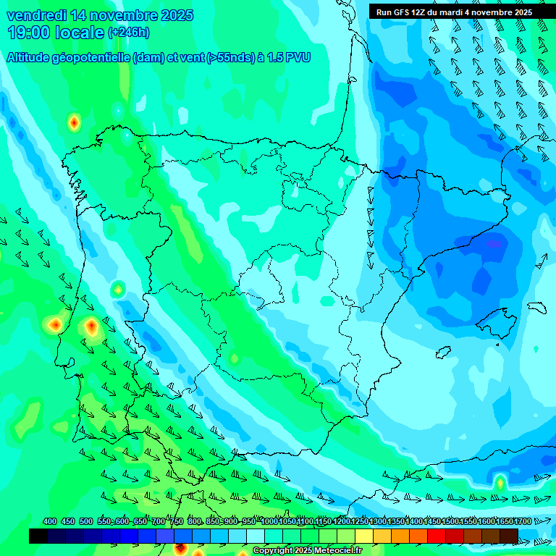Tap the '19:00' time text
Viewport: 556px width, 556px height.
coord(28,33)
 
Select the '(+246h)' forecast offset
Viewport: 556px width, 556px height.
coord(128,33)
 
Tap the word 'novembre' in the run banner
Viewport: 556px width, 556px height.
coord(492,12)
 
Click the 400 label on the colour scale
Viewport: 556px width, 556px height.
coord(50,522)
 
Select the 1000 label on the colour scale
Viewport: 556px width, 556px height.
coord(269,522)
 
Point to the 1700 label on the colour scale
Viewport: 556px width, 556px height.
coord(504,522)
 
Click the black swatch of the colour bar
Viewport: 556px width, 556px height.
coord(38,536)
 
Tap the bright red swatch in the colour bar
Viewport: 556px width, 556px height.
coord(437,536)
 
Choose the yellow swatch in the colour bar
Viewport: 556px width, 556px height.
coord(364,536)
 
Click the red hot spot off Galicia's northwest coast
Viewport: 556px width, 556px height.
coord(73,123)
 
